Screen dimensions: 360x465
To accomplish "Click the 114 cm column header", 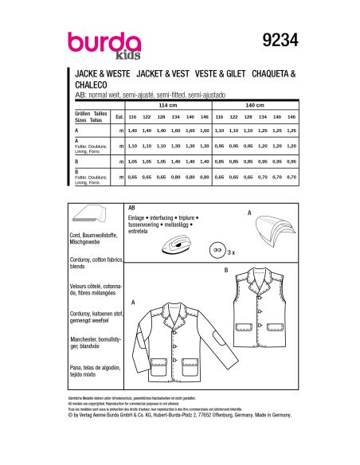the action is pos(168,105).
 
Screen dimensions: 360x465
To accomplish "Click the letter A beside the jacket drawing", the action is pos(133,303).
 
